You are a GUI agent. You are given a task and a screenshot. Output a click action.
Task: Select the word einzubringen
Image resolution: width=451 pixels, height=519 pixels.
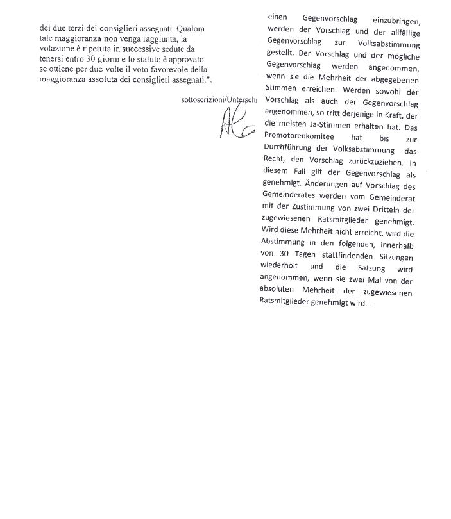(392, 19)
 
